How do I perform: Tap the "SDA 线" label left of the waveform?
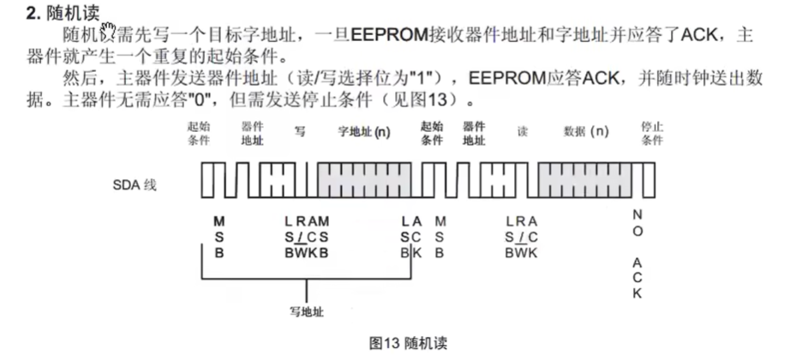(135, 184)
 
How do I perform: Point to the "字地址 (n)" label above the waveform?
(364, 133)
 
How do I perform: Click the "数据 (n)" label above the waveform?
(585, 133)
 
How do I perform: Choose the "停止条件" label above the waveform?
(652, 133)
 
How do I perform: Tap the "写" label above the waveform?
(300, 133)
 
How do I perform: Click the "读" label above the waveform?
(522, 133)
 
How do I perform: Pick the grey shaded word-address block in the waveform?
(364, 180)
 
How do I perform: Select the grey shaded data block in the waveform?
(585, 180)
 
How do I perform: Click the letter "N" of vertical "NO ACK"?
(637, 214)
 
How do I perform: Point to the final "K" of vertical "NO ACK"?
(637, 293)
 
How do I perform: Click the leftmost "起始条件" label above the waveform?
(199, 133)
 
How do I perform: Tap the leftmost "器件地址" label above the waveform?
(252, 133)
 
